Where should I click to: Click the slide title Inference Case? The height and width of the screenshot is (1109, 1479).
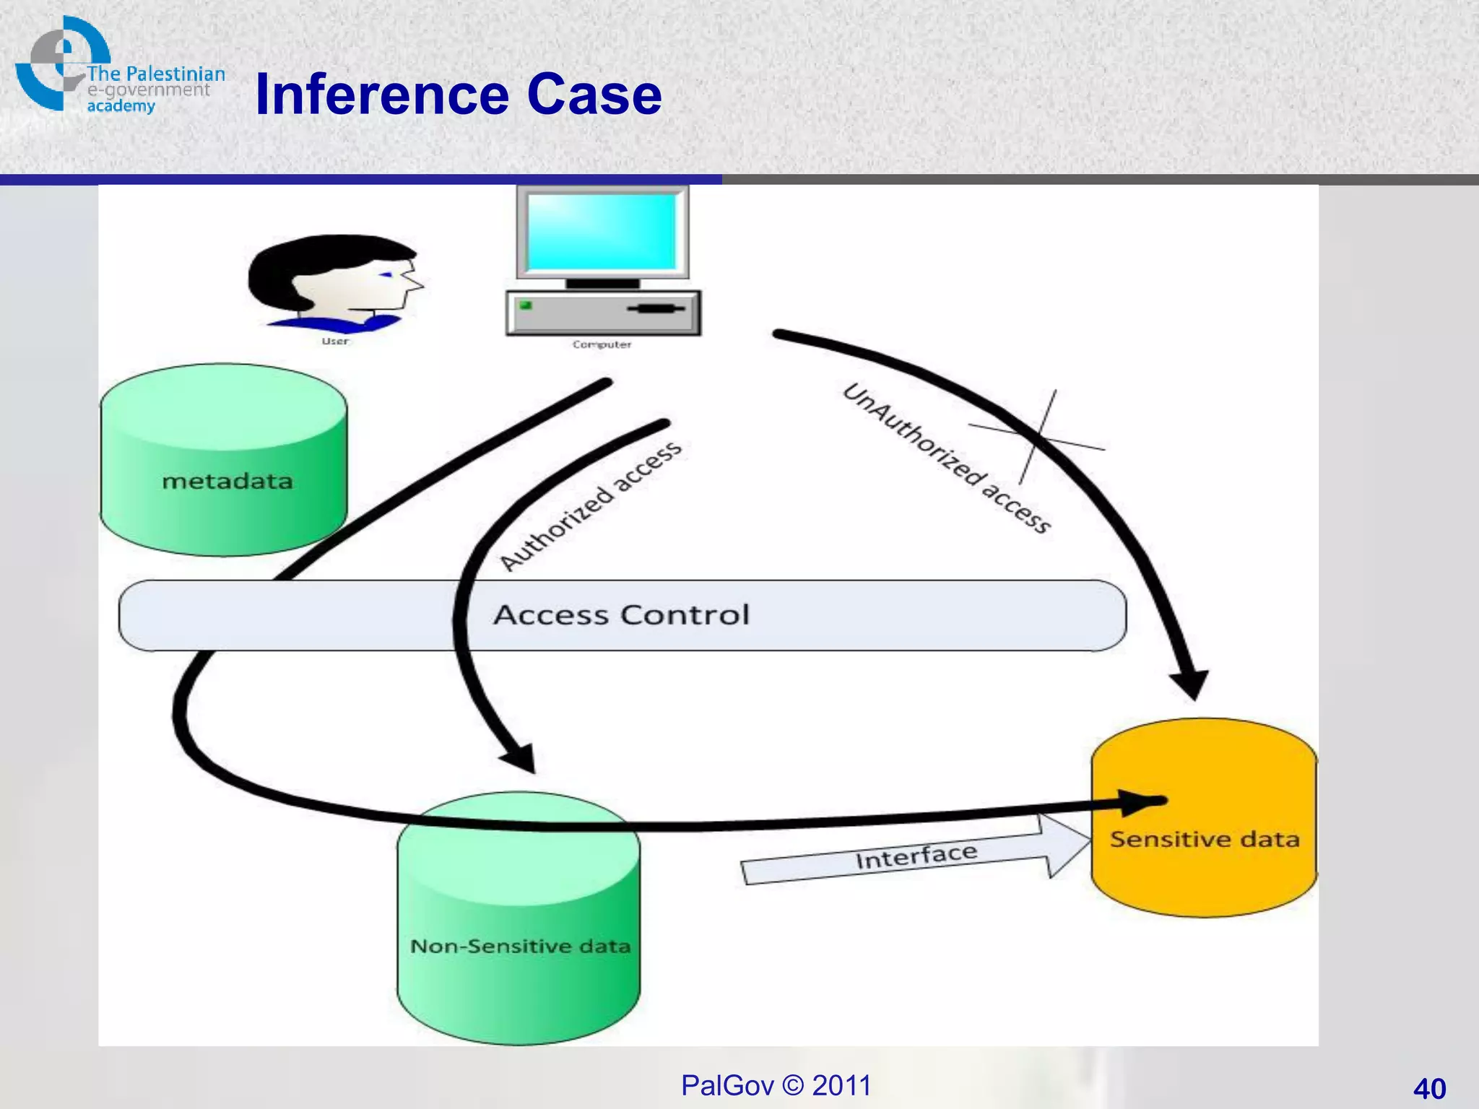[x=458, y=95]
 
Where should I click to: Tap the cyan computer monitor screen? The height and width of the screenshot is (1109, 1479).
[x=602, y=232]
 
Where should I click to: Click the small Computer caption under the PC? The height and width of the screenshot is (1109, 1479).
[x=602, y=344]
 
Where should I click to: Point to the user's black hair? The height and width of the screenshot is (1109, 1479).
[x=303, y=267]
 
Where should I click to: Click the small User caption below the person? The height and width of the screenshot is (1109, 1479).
[x=335, y=341]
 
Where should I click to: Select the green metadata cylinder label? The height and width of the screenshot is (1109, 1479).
[x=227, y=481]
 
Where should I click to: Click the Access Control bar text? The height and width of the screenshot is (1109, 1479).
[x=621, y=615]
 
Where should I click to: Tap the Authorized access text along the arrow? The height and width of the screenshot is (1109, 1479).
[x=591, y=505]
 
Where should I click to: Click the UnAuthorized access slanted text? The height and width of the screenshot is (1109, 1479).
[x=946, y=458]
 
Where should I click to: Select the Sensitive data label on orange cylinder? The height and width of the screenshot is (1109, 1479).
[x=1204, y=839]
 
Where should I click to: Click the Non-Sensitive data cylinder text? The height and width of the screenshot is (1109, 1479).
[x=520, y=946]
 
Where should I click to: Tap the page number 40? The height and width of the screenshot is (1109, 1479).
[x=1429, y=1088]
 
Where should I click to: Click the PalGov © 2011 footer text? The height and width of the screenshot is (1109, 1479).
[x=776, y=1085]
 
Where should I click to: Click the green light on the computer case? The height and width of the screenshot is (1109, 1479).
[x=526, y=305]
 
